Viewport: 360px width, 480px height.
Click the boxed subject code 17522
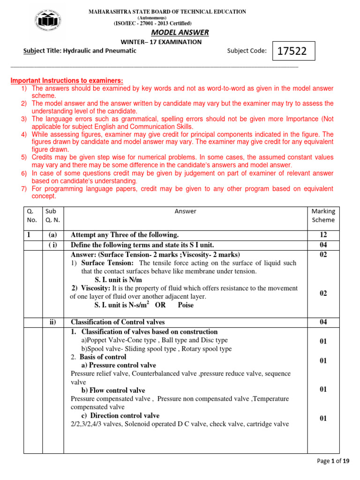click(x=292, y=51)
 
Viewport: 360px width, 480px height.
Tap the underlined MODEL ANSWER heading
click(x=180, y=32)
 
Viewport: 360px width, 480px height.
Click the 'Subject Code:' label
click(x=247, y=51)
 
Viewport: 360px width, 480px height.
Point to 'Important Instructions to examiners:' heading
click(x=67, y=81)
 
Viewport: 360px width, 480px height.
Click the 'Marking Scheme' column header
click(x=323, y=216)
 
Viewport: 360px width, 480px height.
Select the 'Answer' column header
click(x=185, y=211)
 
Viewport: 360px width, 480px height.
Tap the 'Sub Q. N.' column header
click(x=52, y=216)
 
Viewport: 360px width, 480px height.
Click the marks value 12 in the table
click(x=323, y=235)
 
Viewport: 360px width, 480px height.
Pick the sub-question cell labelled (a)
click(x=52, y=235)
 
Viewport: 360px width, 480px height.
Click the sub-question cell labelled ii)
click(x=52, y=322)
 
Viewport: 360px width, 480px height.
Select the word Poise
click(x=186, y=305)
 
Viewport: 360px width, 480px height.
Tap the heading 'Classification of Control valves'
click(x=117, y=322)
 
